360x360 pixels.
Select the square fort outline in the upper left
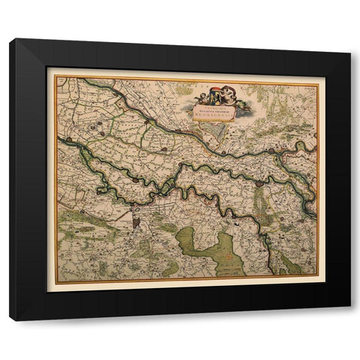point(95,129)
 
